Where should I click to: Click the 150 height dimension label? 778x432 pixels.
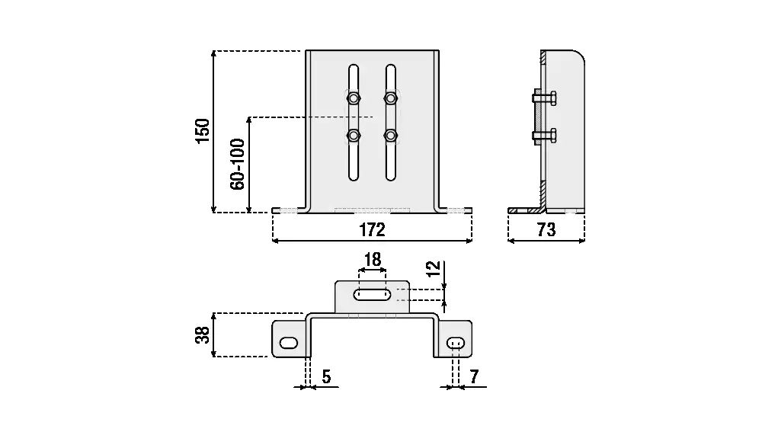click(x=203, y=131)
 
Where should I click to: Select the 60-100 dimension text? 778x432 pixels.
click(x=237, y=165)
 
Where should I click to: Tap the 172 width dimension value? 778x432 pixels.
click(x=372, y=229)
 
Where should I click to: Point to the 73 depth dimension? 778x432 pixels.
click(x=546, y=229)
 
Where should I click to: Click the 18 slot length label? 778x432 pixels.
click(x=372, y=260)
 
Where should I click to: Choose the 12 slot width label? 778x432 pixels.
click(x=433, y=269)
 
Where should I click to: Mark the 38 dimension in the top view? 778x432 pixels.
click(x=202, y=334)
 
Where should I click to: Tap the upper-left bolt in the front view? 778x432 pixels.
click(x=354, y=98)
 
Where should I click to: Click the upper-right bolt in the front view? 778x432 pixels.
click(x=391, y=98)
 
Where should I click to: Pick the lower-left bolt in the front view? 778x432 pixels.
click(x=354, y=136)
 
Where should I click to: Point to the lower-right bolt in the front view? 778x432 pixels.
click(x=391, y=136)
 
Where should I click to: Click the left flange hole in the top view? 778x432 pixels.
click(x=289, y=343)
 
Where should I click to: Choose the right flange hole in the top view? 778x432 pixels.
click(x=456, y=343)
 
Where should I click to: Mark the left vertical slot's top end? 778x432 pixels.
click(x=354, y=70)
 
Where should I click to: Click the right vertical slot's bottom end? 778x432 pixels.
click(x=391, y=175)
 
